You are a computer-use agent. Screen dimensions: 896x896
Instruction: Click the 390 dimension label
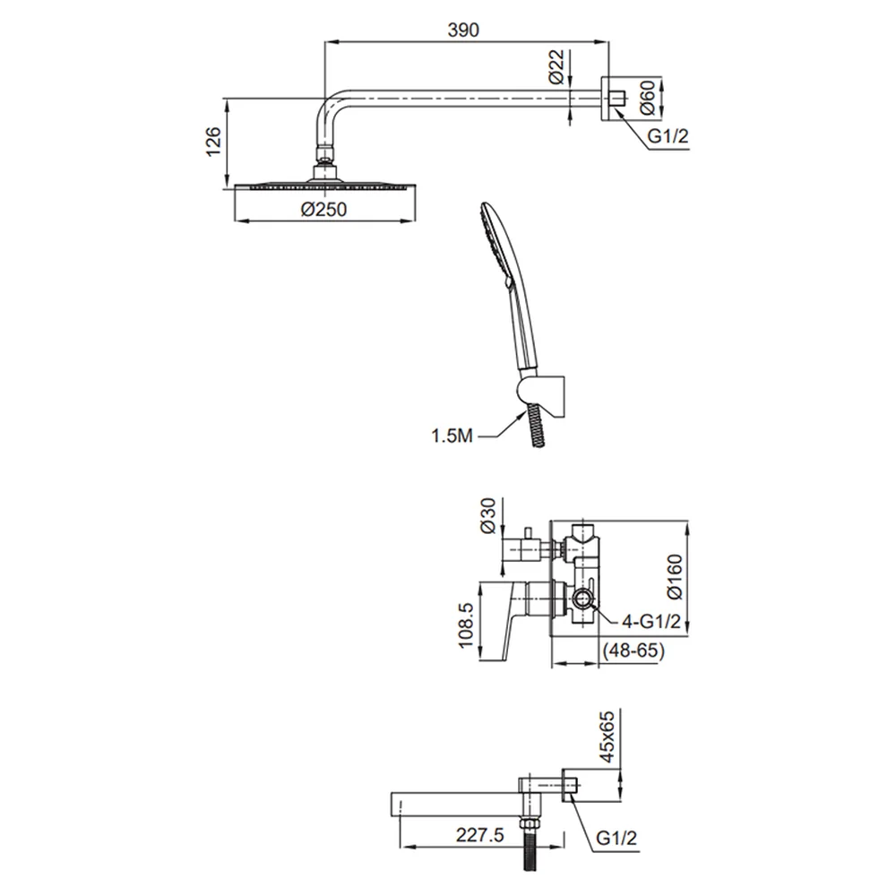(x=463, y=30)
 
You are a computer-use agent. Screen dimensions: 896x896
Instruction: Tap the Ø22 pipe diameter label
(x=556, y=67)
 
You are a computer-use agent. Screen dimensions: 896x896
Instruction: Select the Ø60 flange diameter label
(x=648, y=98)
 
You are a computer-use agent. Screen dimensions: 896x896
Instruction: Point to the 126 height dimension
(x=212, y=142)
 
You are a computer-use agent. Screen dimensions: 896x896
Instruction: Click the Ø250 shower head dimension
(x=323, y=209)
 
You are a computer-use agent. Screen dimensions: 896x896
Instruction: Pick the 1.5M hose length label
(x=452, y=436)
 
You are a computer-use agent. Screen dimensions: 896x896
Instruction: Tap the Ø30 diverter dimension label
(x=488, y=515)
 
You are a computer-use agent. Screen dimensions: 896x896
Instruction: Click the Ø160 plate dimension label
(x=675, y=576)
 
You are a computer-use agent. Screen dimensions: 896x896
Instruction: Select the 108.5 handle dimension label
(x=466, y=625)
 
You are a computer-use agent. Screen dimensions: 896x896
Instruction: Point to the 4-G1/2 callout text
(x=651, y=621)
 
